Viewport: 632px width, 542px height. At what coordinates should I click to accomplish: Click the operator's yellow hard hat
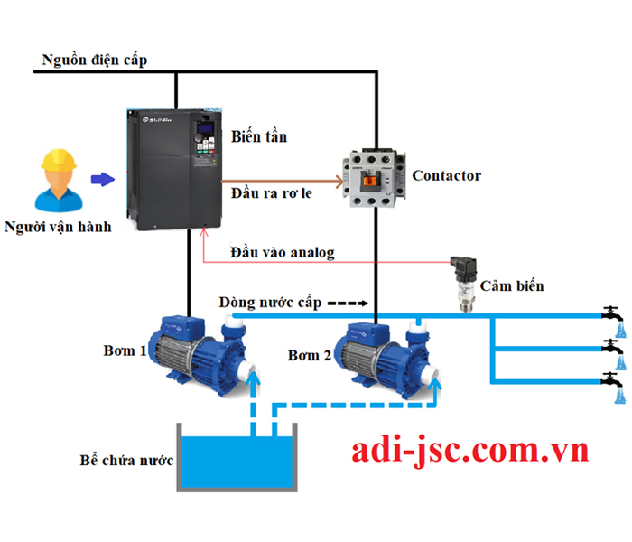pos(59,160)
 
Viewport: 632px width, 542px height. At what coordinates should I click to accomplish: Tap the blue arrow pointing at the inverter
pos(103,179)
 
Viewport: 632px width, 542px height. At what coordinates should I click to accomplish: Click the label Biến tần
pos(259,136)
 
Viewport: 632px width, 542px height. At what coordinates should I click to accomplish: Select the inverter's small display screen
pos(205,128)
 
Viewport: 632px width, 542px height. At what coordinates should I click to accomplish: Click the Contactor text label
pos(447,176)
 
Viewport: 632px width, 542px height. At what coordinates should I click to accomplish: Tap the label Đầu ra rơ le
pos(271,193)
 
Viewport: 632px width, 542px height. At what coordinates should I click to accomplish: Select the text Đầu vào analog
pos(282,253)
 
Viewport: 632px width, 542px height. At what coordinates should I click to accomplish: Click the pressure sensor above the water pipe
pos(465,284)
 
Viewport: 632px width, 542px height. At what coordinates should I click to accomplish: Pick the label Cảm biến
pos(512,286)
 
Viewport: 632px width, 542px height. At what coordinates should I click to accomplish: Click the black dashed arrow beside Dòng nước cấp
pos(348,304)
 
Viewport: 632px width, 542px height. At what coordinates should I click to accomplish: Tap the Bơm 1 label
pos(125,350)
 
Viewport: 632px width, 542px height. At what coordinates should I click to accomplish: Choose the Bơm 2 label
pos(309,355)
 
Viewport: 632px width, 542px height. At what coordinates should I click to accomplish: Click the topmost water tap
pos(612,313)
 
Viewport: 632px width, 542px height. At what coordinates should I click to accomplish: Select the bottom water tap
pos(612,379)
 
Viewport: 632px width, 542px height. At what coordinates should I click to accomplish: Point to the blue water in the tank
pos(237,462)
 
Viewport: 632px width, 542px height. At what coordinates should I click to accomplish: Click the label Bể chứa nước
pos(126,460)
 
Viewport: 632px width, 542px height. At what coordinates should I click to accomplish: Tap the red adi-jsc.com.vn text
pos(470,450)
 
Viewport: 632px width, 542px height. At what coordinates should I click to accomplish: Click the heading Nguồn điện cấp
pos(95,61)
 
